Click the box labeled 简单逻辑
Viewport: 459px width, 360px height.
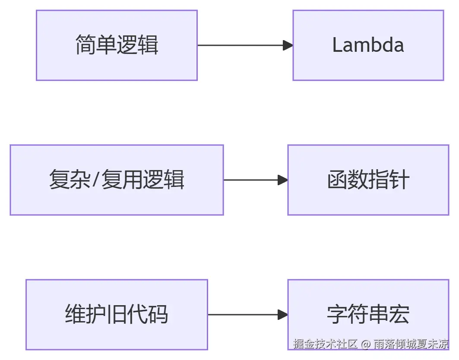pos(117,45)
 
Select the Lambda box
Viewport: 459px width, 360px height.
pos(368,45)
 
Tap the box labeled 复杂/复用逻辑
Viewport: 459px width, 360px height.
pos(117,180)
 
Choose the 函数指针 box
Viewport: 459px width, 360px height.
pos(368,180)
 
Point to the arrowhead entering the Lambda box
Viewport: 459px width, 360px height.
pos(288,45)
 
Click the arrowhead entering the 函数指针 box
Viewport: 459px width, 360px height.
pos(283,180)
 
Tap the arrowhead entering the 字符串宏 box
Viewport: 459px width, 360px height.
pos(283,315)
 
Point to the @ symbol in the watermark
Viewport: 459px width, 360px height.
pos(366,344)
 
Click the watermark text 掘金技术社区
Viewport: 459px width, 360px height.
pos(326,344)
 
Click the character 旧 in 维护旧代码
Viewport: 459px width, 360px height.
pos(107,315)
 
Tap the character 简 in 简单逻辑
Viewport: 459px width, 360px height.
pos(85,45)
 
